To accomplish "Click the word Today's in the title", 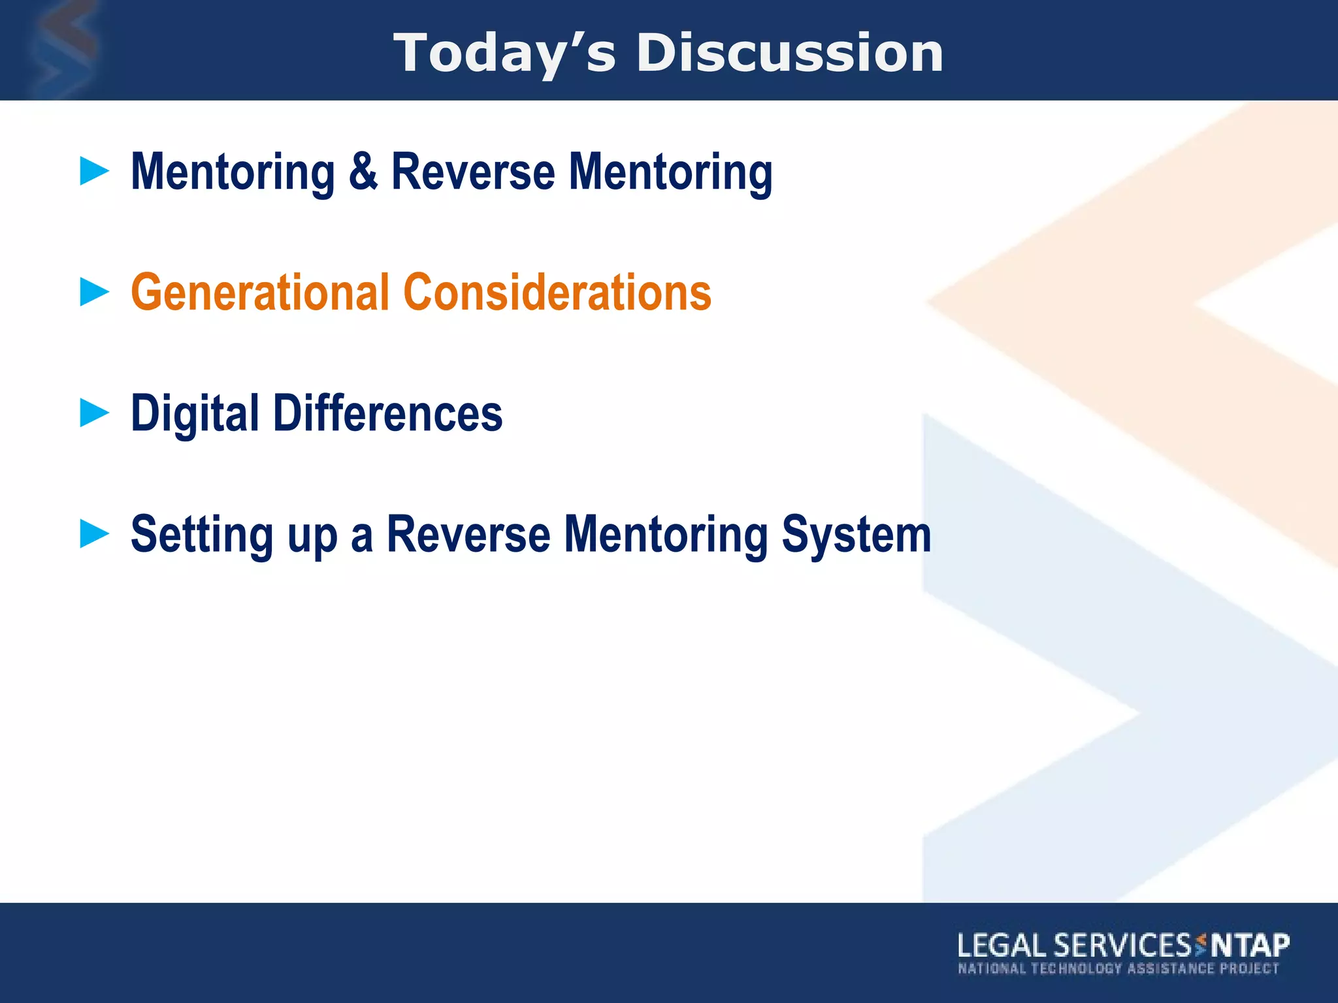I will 504,54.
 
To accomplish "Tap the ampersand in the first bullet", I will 363,172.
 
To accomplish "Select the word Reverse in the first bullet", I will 473,172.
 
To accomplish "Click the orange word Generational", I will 260,293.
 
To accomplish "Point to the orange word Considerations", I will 557,293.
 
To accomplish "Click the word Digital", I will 195,414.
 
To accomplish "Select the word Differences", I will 388,413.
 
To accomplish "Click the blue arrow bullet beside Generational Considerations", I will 94,292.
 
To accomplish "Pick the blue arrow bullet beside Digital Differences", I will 94,413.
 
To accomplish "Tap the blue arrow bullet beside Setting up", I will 94,533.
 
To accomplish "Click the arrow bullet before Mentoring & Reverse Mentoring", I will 94,171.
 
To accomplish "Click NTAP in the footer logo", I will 1250,946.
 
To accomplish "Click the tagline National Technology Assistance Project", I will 1118,968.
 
